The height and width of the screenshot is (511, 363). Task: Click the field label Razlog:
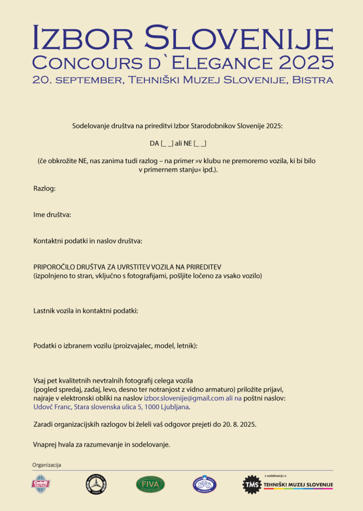[x=44, y=189]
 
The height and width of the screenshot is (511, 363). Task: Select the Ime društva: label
[x=52, y=215]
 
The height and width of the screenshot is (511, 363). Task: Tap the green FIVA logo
[x=150, y=484]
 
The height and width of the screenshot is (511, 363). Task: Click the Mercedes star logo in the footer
[x=96, y=484]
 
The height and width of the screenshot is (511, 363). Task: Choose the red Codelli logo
[x=40, y=484]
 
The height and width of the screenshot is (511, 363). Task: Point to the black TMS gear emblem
[x=251, y=485]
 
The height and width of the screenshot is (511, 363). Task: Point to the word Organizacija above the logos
[x=46, y=465]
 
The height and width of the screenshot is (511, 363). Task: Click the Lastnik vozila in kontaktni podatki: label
[x=85, y=310]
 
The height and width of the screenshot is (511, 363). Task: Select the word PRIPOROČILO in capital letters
[x=55, y=267]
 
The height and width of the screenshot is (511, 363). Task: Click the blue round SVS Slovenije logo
[x=205, y=484]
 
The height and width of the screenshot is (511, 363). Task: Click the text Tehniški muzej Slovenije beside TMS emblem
[x=298, y=485]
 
